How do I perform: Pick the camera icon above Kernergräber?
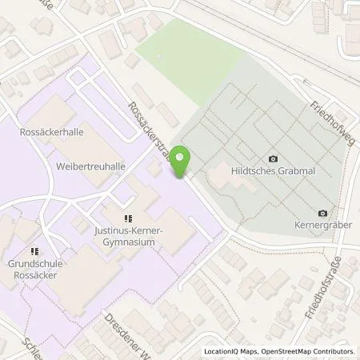(x=322, y=213)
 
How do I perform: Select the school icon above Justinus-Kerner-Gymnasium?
(x=127, y=218)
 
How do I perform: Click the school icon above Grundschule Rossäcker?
(x=34, y=250)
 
